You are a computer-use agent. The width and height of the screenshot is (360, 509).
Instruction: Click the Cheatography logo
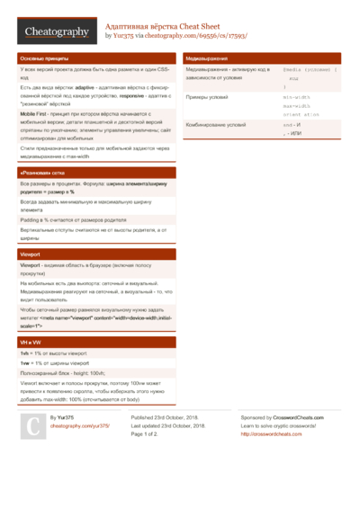coord(57,31)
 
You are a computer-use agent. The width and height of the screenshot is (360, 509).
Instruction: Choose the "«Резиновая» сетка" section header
coord(41,171)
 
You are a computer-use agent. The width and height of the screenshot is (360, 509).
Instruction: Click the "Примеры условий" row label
coord(208,96)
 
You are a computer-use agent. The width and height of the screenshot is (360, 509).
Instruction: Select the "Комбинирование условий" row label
coord(215,125)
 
